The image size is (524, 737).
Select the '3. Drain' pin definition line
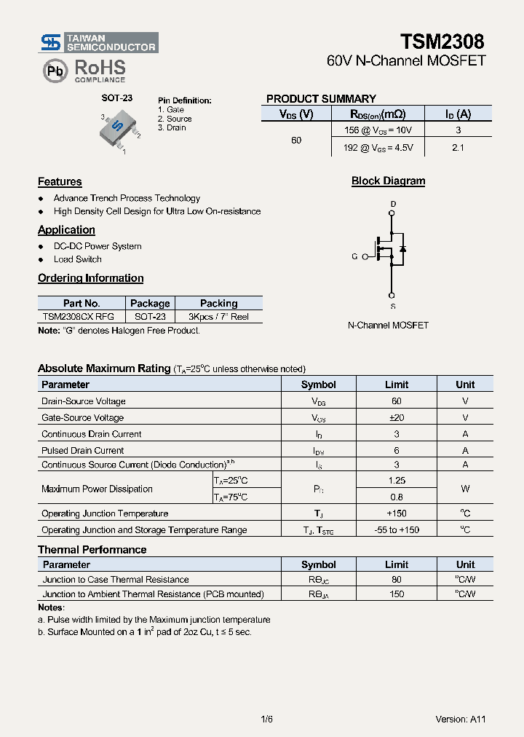pyautogui.click(x=172, y=128)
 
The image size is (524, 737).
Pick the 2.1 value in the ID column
pyautogui.click(x=458, y=147)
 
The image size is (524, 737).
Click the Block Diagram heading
pyautogui.click(x=388, y=181)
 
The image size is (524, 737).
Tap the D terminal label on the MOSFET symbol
pyautogui.click(x=393, y=204)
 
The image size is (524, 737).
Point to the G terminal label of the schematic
pyautogui.click(x=354, y=256)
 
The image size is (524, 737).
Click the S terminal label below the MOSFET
pyautogui.click(x=393, y=306)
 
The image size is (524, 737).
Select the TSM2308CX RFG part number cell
pyautogui.click(x=78, y=318)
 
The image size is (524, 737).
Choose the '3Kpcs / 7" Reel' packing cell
pyautogui.click(x=218, y=318)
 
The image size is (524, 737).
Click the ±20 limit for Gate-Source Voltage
pyautogui.click(x=397, y=418)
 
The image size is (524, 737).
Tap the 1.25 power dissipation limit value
pyautogui.click(x=397, y=481)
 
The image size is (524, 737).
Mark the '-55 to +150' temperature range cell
pyautogui.click(x=397, y=530)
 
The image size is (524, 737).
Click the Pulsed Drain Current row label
pyautogui.click(x=82, y=451)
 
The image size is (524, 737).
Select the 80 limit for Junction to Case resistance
pyautogui.click(x=397, y=580)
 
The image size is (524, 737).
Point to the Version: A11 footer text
pyautogui.click(x=460, y=720)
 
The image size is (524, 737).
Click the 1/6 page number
pyautogui.click(x=266, y=720)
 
